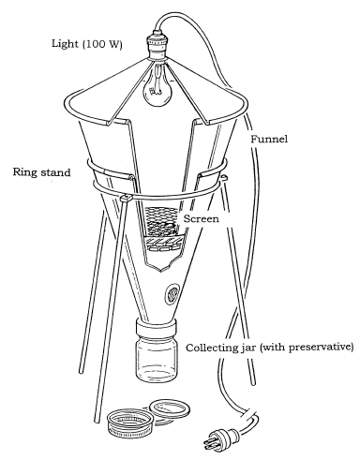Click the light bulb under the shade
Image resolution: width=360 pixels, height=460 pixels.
pos(157,88)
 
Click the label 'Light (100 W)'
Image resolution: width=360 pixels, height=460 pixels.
pos(87,44)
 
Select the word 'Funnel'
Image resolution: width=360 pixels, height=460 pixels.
pos(269,139)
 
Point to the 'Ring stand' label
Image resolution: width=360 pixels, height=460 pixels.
pos(41,172)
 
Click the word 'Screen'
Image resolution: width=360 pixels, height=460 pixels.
pos(202,218)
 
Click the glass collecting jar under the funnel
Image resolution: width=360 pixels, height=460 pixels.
pos(157,360)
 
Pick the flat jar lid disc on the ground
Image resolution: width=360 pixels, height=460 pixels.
pos(170,408)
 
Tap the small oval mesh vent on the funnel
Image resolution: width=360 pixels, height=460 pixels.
pos(172,292)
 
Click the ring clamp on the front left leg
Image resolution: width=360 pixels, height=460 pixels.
pos(126,198)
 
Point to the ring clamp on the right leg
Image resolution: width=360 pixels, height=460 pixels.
pos(223,178)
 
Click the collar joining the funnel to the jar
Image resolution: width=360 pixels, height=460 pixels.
pos(157,328)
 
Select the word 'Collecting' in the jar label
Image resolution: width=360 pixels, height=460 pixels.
pos(209,348)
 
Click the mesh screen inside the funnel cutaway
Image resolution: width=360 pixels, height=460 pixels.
pos(160,222)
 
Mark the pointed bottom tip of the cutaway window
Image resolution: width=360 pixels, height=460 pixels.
pos(161,271)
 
